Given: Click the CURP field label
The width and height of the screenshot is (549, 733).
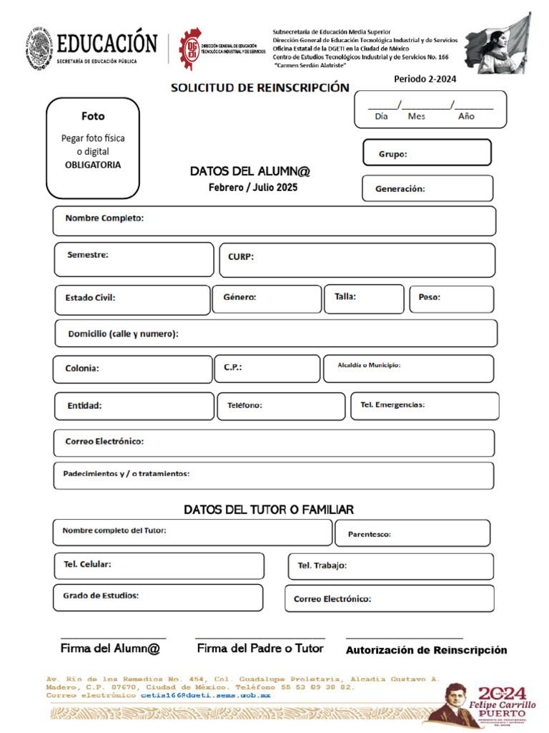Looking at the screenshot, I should [x=241, y=257].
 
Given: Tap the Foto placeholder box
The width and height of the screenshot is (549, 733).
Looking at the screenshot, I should [x=92, y=148].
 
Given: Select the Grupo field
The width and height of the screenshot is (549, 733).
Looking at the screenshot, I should [x=427, y=153].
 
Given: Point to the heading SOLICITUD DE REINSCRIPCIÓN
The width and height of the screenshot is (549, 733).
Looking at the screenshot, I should [x=259, y=88].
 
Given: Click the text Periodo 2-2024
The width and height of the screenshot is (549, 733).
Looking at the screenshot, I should [x=425, y=79].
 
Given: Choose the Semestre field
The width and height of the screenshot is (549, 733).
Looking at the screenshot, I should [x=134, y=259].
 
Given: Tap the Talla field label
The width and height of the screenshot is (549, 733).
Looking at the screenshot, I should [x=340, y=296].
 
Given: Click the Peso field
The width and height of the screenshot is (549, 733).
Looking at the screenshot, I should [x=451, y=299].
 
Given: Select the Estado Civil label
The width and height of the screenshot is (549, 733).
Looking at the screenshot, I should [x=90, y=298].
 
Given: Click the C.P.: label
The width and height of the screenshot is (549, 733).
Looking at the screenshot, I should [x=233, y=367].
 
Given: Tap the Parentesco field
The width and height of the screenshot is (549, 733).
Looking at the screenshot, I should [x=418, y=533].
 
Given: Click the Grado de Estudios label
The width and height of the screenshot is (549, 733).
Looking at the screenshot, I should [x=101, y=595].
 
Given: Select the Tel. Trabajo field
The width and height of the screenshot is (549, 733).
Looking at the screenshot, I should [x=390, y=566].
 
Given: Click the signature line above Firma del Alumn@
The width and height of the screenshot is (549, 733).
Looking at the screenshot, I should [x=113, y=637].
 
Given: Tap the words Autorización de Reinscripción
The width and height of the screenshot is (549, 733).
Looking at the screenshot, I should [x=426, y=650].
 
